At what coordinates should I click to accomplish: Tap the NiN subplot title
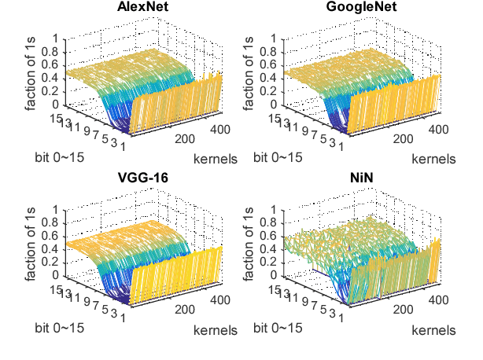point(354,178)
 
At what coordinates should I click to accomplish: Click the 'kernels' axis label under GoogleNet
point(433,159)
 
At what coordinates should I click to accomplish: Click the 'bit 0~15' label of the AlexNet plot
point(59,157)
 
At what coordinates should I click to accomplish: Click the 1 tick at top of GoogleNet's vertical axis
point(272,38)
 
